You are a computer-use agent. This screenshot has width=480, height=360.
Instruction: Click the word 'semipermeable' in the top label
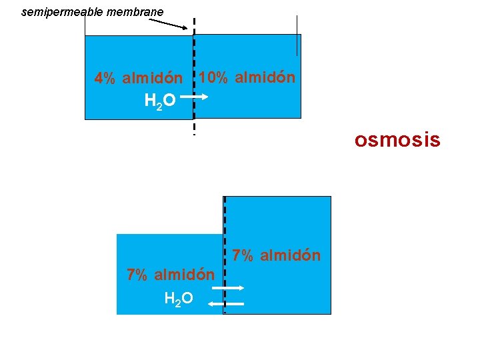coord(56,12)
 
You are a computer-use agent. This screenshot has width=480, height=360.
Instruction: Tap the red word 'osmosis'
coord(397,140)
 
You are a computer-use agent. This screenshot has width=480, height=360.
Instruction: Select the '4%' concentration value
coord(105,79)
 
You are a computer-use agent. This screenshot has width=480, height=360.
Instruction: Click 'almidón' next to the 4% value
coord(152,79)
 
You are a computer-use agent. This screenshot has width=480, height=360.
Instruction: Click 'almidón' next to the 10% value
coord(265,77)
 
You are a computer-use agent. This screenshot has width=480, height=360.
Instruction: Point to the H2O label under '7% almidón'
coord(179,298)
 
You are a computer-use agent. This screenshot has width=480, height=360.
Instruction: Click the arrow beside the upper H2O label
coord(201,97)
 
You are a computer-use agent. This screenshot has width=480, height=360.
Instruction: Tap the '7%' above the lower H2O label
coord(137,275)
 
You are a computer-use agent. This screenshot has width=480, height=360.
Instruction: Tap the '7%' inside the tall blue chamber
coord(243,255)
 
